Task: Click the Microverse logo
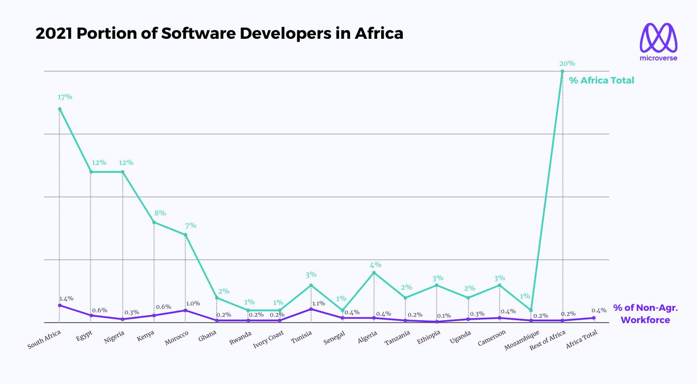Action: (658, 42)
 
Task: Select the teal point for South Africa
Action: (59, 109)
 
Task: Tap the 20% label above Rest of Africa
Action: (567, 63)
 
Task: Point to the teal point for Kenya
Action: (154, 222)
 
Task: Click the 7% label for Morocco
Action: (190, 225)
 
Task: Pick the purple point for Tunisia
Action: (311, 309)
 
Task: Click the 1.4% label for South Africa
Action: (66, 299)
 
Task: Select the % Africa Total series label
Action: (602, 80)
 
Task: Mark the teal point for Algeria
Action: (374, 273)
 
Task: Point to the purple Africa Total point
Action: (594, 318)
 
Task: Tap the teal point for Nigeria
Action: (122, 172)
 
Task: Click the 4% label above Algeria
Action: (376, 265)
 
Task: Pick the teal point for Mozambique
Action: (531, 310)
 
